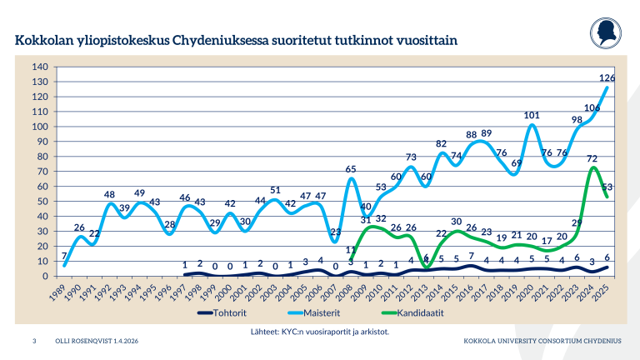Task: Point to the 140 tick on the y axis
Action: tap(38, 67)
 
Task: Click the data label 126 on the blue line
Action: tap(607, 78)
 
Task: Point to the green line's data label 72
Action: tap(592, 158)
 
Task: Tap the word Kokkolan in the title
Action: tap(43, 40)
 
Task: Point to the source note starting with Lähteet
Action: tap(320, 332)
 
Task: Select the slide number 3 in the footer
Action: tap(34, 342)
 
